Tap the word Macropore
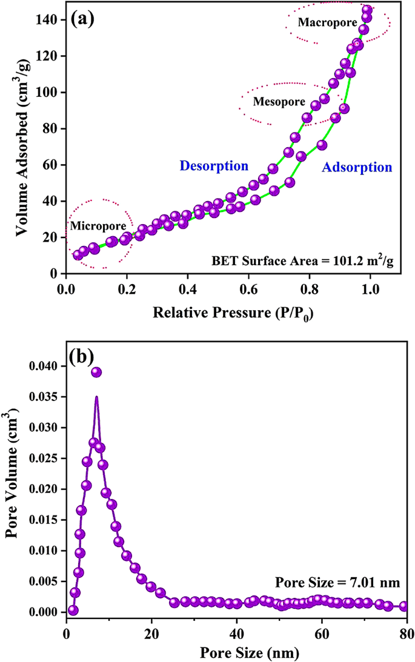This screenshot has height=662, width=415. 321,22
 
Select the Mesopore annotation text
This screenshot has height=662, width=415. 279,102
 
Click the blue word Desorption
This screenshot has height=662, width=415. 214,166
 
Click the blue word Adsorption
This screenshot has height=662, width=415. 356,167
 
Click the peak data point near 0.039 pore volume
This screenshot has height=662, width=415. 96,372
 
